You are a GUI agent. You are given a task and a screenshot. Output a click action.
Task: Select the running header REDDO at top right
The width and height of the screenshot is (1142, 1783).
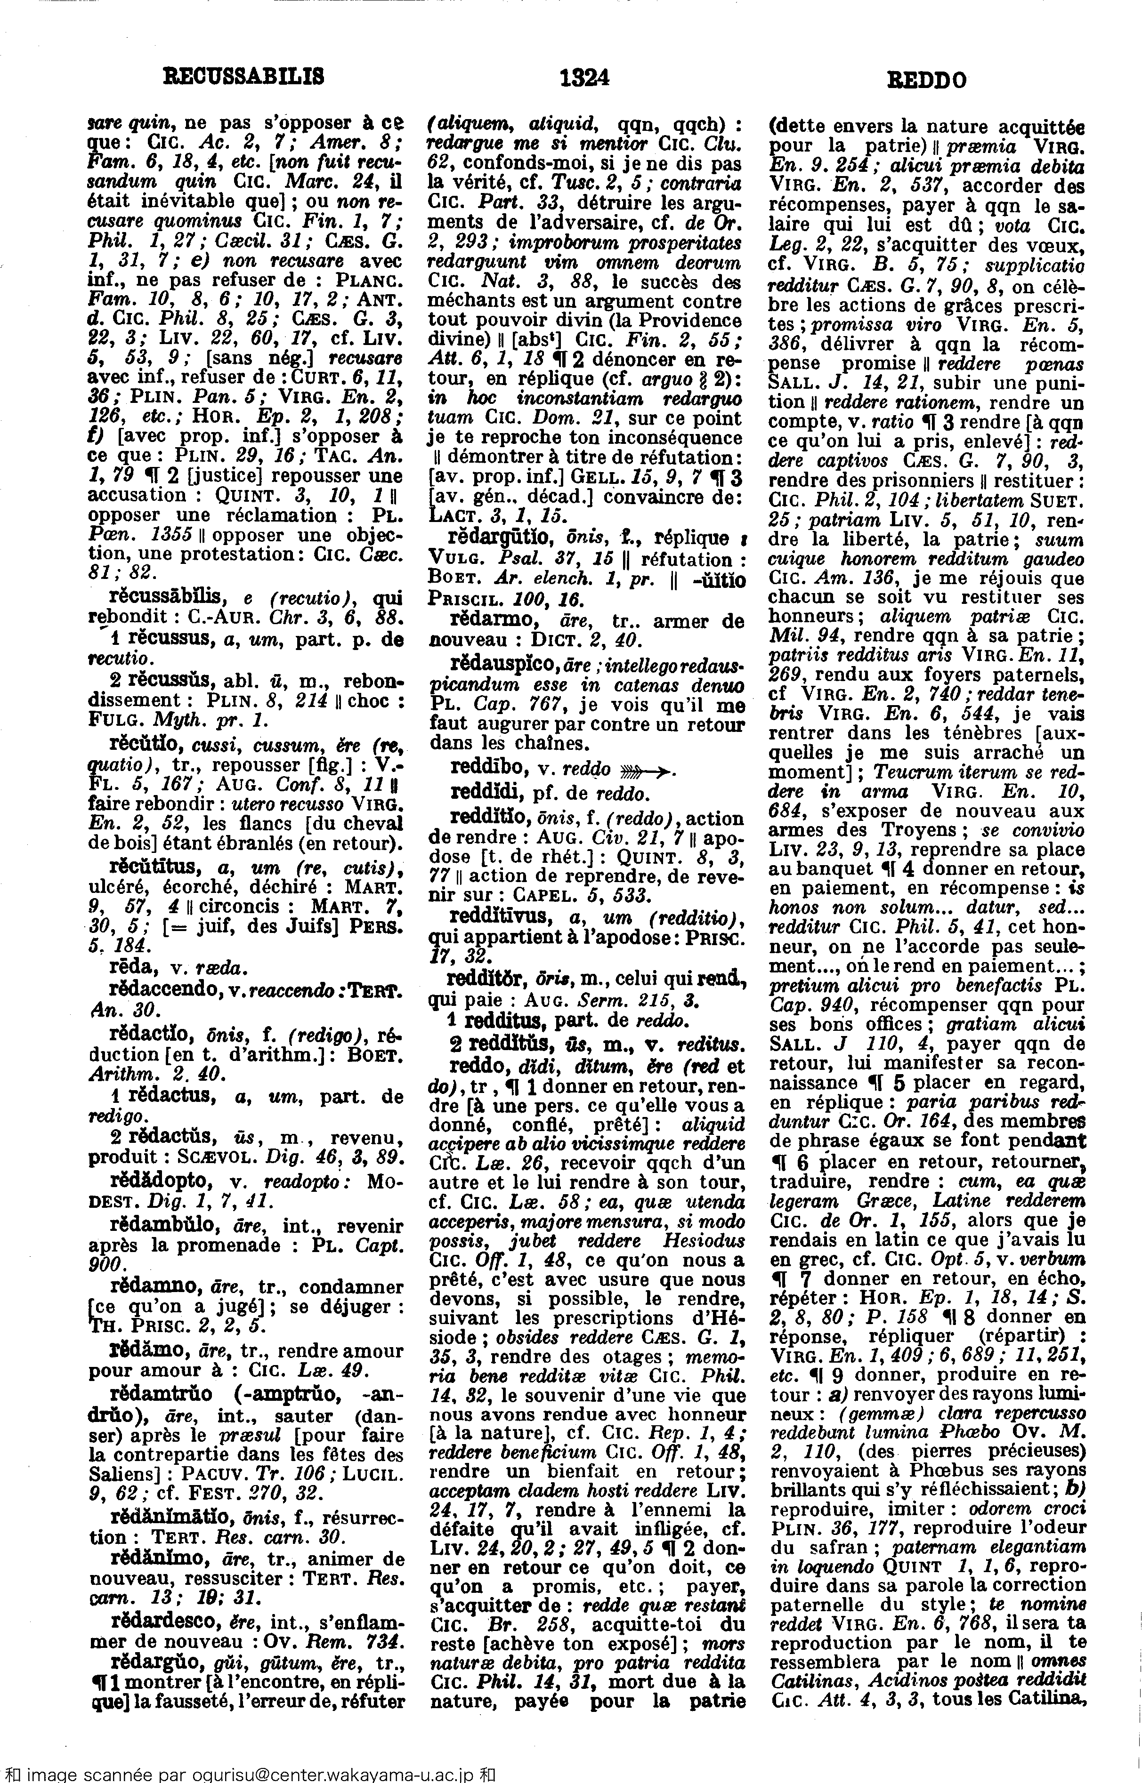[x=926, y=79]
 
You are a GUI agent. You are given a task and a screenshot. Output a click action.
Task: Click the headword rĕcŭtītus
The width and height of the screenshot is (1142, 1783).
[x=152, y=866]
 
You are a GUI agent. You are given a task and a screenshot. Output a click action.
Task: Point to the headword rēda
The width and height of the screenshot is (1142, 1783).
[x=126, y=968]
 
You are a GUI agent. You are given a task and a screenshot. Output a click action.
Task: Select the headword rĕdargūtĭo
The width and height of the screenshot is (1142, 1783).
[x=503, y=537]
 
